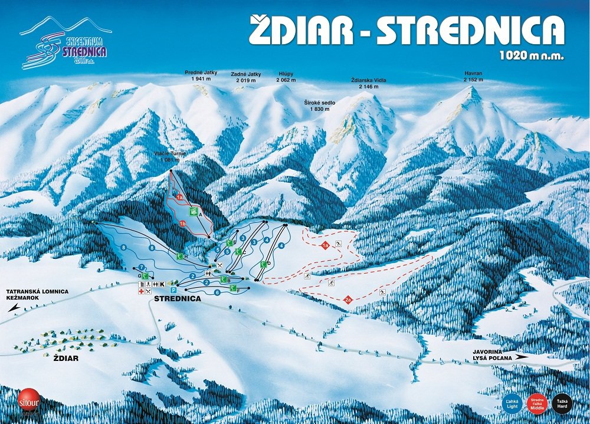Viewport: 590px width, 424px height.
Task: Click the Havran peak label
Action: [473, 77]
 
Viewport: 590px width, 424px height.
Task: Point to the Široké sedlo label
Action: [320, 106]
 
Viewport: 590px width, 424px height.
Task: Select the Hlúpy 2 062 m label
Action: [287, 77]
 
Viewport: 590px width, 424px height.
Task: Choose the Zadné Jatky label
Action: [247, 77]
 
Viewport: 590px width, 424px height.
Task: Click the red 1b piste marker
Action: [183, 223]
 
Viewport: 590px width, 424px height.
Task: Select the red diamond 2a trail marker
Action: [348, 301]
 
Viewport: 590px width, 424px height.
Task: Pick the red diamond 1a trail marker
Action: [325, 245]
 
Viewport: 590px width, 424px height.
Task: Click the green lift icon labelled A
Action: [192, 211]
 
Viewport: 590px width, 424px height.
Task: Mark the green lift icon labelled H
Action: [180, 256]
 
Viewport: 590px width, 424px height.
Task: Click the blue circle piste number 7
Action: [142, 268]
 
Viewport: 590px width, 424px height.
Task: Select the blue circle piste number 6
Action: [217, 292]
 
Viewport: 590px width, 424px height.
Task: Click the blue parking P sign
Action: [173, 290]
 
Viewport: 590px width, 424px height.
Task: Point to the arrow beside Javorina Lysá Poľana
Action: [521, 357]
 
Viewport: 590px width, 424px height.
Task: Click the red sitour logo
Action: [27, 399]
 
